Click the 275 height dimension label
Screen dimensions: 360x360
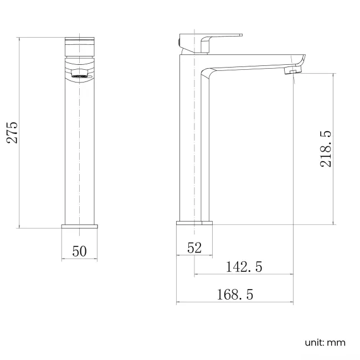pyautogui.click(x=13, y=132)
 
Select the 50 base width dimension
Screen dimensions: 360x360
pyautogui.click(x=79, y=251)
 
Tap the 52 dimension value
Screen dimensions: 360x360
pyautogui.click(x=194, y=248)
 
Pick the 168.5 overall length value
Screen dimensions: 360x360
pyautogui.click(x=235, y=295)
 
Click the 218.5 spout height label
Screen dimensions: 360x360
pyautogui.click(x=325, y=148)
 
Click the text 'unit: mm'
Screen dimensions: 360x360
pyautogui.click(x=325, y=342)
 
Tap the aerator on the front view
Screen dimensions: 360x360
pyautogui.click(x=79, y=73)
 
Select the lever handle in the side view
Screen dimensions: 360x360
pyautogui.click(x=222, y=38)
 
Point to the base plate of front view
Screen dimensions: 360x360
pyautogui.click(x=79, y=225)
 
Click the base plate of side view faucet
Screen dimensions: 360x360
pyautogui.click(x=194, y=223)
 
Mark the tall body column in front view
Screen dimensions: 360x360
pyautogui.click(x=79, y=150)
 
